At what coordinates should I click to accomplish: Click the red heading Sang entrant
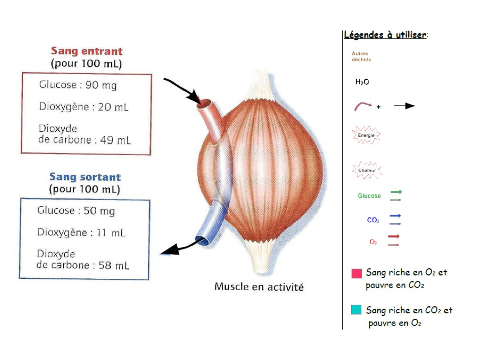tap(87, 51)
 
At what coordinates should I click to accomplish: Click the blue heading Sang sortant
tap(85, 177)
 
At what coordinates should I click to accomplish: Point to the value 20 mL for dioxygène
tap(113, 107)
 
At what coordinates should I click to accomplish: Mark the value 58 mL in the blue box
tap(114, 265)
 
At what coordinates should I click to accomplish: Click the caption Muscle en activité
tap(259, 286)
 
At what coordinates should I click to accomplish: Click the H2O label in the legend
tap(362, 82)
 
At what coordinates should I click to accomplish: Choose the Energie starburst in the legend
tap(366, 135)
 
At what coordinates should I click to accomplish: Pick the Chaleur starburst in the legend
tap(367, 170)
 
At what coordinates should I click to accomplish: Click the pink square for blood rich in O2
tap(357, 273)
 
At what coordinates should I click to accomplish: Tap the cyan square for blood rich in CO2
tap(357, 310)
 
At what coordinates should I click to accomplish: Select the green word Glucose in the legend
tap(369, 196)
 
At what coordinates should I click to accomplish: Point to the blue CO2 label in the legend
tap(373, 220)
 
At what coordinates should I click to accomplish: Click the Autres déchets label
tap(361, 57)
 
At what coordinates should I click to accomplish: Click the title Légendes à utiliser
tap(385, 35)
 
